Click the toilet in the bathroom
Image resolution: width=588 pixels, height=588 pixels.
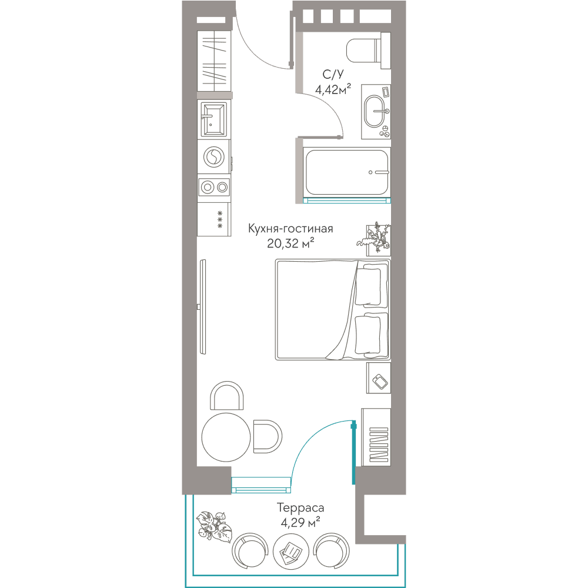click(x=368, y=51)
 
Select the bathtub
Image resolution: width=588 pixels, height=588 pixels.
click(x=347, y=172)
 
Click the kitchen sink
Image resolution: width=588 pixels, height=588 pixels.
click(x=214, y=119)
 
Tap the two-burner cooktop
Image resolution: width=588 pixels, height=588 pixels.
click(x=214, y=187)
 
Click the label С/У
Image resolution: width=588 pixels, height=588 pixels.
click(x=333, y=74)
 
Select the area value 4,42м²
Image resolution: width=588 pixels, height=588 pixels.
click(x=333, y=89)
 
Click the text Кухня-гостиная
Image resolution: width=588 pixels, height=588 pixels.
click(x=290, y=229)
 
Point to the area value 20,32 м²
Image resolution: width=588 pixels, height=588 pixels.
click(x=290, y=244)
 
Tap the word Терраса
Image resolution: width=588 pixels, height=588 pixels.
click(x=300, y=508)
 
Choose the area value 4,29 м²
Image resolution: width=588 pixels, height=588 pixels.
click(x=300, y=522)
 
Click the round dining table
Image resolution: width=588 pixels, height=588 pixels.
click(x=226, y=437)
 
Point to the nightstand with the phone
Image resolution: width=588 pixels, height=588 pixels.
click(x=378, y=378)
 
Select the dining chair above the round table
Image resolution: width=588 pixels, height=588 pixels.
click(x=227, y=396)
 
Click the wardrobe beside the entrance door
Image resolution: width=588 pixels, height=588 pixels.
click(x=214, y=61)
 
